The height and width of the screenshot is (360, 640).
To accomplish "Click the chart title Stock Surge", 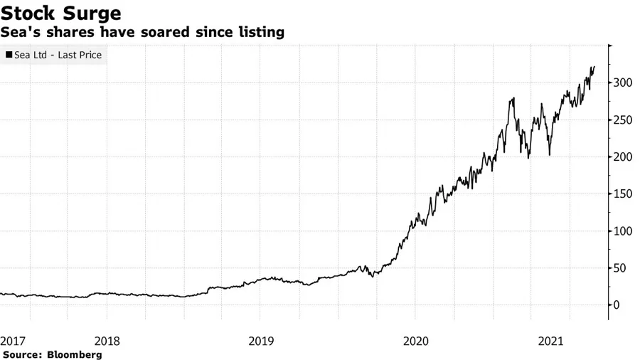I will (x=60, y=14).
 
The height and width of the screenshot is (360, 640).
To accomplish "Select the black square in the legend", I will (x=9, y=55).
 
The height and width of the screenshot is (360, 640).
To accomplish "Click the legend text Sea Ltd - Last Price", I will (x=58, y=55).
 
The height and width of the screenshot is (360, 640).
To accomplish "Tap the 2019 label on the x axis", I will (x=261, y=341).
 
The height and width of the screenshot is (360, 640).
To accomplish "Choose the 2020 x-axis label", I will (x=415, y=341).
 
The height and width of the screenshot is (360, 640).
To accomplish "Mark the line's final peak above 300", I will (x=594, y=67).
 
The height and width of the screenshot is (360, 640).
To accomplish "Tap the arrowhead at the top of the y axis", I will (x=609, y=47).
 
